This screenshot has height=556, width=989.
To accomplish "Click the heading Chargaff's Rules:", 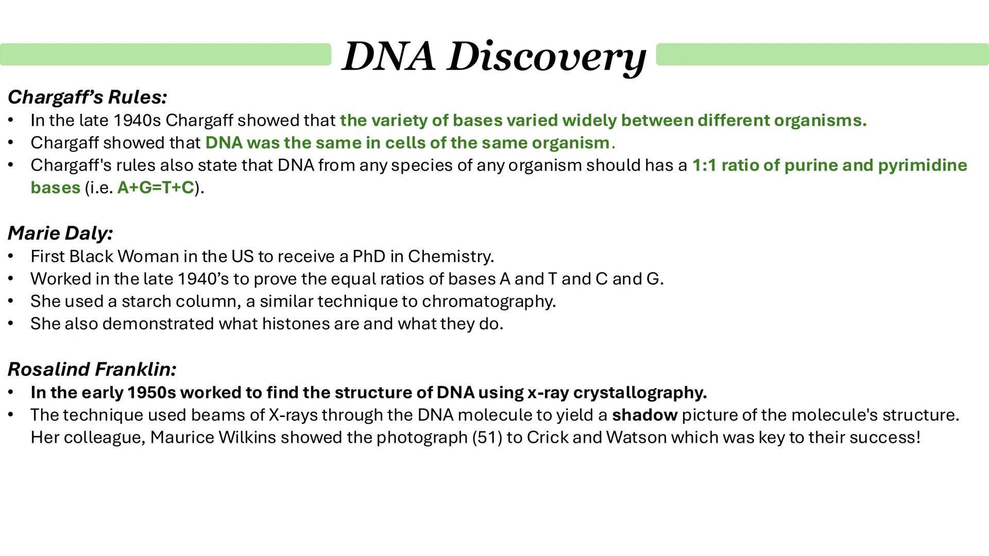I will click(x=87, y=97).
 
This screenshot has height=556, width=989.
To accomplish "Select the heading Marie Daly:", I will click(x=60, y=233).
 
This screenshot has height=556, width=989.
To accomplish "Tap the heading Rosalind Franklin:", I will click(x=92, y=369).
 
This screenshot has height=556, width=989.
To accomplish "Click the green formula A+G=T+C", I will click(x=156, y=188).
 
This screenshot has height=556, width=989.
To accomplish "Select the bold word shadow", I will click(x=644, y=415).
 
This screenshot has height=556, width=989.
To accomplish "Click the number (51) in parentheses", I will click(x=487, y=438).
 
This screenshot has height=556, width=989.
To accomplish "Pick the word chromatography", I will click(x=488, y=301).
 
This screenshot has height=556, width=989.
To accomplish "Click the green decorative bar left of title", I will click(x=165, y=55).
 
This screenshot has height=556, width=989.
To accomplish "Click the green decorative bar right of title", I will click(x=822, y=55).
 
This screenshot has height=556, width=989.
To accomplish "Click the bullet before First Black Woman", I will click(x=10, y=256).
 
